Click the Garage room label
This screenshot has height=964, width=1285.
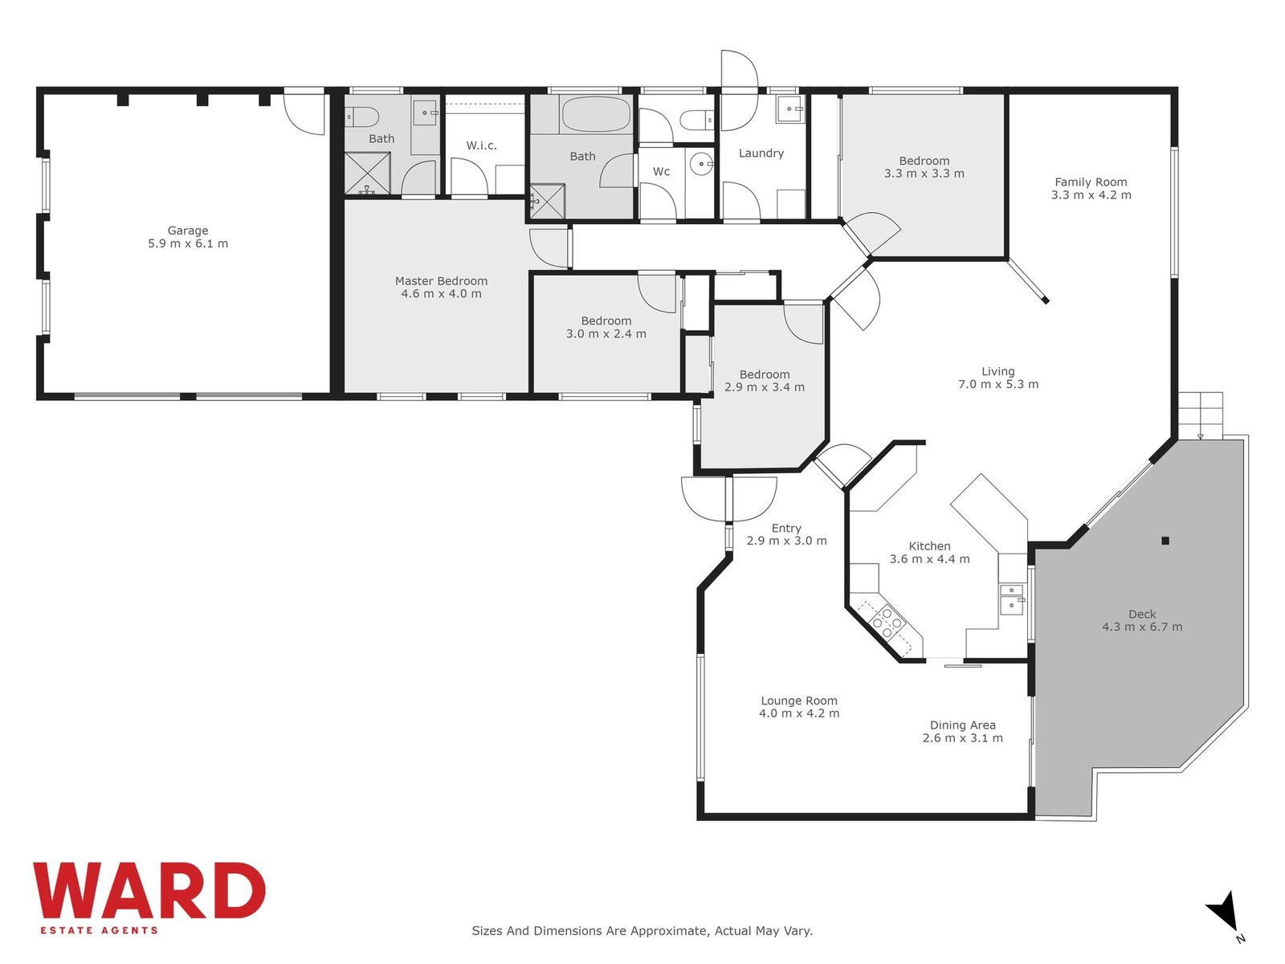pyautogui.click(x=188, y=231)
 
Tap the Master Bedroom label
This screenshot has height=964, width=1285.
pyautogui.click(x=441, y=281)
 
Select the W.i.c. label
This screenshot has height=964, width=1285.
pyautogui.click(x=481, y=145)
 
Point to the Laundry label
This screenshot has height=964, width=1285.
pyautogui.click(x=761, y=153)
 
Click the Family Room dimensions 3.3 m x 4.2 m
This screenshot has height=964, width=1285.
pyautogui.click(x=1091, y=195)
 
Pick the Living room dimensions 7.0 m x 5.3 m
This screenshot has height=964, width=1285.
pyautogui.click(x=998, y=385)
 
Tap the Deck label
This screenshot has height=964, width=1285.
pyautogui.click(x=1142, y=614)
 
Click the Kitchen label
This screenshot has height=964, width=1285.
pyautogui.click(x=929, y=546)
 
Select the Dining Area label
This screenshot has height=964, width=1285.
pyautogui.click(x=962, y=725)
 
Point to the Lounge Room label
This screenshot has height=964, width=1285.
pyautogui.click(x=799, y=701)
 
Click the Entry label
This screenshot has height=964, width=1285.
pyautogui.click(x=786, y=528)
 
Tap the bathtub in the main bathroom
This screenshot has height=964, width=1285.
pyautogui.click(x=596, y=114)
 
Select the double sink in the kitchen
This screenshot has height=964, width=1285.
pyautogui.click(x=1012, y=598)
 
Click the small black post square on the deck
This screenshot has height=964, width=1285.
pyautogui.click(x=1165, y=541)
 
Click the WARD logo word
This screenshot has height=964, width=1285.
pyautogui.click(x=149, y=890)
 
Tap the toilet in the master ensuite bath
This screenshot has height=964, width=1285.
pyautogui.click(x=357, y=117)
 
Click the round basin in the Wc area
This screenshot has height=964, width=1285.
pyautogui.click(x=701, y=163)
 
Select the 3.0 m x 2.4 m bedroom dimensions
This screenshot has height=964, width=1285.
pyautogui.click(x=606, y=334)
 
